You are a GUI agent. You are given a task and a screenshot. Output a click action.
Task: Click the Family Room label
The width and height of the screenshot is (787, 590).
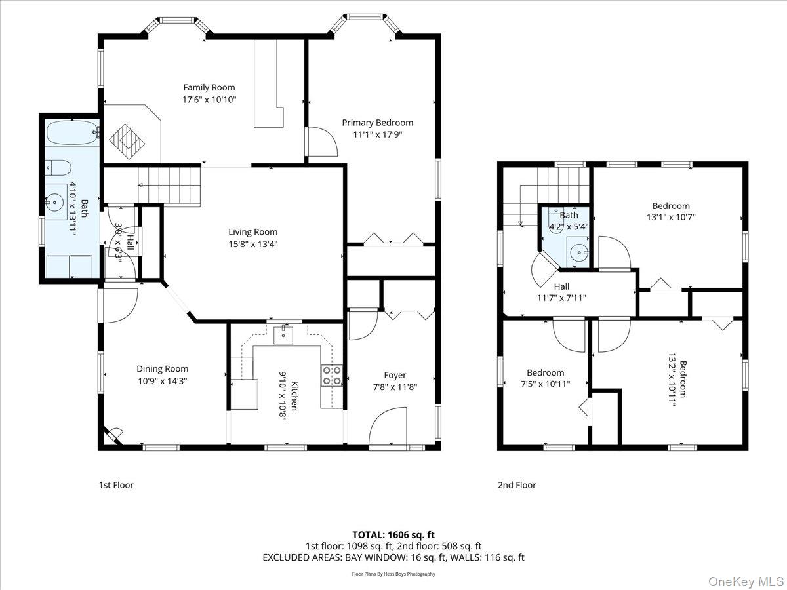(209, 87)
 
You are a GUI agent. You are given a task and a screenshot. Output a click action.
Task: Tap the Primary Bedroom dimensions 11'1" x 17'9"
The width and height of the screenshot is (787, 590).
(377, 134)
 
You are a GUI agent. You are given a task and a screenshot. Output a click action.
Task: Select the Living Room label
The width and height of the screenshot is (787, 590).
(252, 231)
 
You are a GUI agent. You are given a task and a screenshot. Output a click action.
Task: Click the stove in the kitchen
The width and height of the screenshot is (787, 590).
(331, 375)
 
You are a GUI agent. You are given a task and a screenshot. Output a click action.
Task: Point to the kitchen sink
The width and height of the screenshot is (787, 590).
(284, 336)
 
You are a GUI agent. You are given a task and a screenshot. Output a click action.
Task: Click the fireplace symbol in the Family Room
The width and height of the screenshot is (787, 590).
(127, 139)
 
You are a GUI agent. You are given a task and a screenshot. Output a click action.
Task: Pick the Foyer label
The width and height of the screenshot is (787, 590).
(395, 375)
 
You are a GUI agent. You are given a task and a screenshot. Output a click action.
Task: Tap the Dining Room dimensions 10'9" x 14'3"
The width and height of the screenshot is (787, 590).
(162, 380)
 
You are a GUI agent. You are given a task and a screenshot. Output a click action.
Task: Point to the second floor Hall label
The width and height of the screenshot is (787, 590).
(561, 286)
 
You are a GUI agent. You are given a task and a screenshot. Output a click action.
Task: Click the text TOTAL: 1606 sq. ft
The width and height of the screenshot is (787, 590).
(393, 535)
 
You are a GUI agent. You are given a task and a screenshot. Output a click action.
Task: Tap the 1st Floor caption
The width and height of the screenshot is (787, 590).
(116, 485)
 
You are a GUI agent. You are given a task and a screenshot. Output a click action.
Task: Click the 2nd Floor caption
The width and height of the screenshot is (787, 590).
(516, 485)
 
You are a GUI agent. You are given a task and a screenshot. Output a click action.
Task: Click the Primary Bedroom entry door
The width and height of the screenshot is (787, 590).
(321, 142)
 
